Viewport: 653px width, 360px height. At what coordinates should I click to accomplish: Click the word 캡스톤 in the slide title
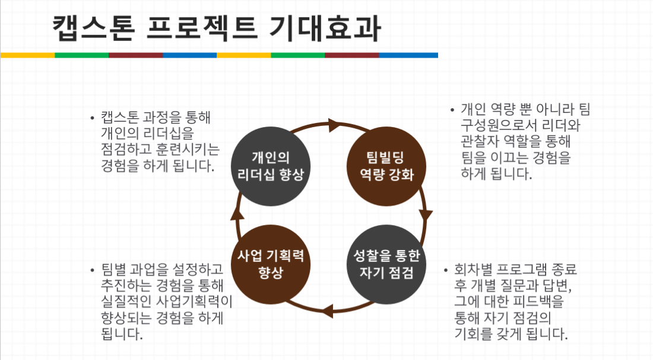(x=94, y=29)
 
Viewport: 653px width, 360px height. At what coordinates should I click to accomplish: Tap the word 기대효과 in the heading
(x=324, y=29)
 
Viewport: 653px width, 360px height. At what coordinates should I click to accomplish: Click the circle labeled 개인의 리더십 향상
(x=271, y=166)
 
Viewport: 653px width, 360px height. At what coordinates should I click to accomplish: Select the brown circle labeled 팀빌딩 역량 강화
(x=386, y=166)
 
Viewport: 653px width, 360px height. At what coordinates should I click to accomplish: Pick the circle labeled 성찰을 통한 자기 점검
(x=386, y=264)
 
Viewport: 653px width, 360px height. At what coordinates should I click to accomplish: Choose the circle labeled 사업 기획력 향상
(x=271, y=264)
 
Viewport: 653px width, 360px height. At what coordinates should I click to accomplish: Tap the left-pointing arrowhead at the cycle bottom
(x=327, y=311)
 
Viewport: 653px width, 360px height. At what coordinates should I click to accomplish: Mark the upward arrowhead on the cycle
(x=237, y=213)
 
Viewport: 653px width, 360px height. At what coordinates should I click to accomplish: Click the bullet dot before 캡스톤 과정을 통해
(x=92, y=118)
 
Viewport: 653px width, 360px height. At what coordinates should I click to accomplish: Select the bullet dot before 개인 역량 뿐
(x=452, y=110)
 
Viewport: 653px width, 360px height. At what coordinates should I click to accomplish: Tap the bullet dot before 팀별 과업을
(x=92, y=270)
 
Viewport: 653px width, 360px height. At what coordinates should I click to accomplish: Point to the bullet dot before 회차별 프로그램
(x=445, y=270)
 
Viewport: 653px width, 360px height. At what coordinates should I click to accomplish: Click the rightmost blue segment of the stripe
(x=408, y=55)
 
